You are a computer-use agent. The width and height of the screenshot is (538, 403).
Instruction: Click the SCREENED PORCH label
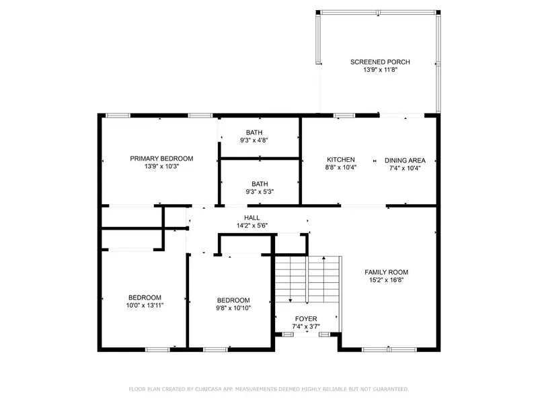(380, 62)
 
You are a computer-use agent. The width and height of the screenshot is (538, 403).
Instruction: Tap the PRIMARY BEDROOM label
(161, 159)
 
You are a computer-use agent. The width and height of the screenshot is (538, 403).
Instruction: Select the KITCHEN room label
(341, 160)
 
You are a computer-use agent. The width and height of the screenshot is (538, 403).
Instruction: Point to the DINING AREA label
(405, 161)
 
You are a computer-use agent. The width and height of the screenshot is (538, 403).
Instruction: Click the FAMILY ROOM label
(386, 272)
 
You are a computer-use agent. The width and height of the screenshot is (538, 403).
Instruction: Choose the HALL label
(252, 218)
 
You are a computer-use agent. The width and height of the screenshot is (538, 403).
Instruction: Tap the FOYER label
(306, 319)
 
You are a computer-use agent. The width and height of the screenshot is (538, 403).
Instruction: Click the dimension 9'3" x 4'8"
(254, 140)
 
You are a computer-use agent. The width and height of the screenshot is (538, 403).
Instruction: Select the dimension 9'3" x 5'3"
(260, 191)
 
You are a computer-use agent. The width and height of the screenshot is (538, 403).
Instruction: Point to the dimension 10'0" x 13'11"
(145, 306)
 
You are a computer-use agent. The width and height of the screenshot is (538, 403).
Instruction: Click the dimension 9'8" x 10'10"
(233, 308)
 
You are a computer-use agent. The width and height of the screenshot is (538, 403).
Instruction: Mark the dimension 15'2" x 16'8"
(386, 280)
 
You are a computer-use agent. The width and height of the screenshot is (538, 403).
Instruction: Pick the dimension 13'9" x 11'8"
(380, 70)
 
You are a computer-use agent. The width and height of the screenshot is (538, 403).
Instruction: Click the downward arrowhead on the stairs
(291, 300)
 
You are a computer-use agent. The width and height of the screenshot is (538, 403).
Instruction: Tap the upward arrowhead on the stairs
(324, 258)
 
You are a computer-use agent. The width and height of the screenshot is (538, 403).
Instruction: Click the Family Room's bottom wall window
(389, 349)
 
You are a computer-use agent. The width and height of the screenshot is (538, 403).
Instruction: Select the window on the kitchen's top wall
(344, 116)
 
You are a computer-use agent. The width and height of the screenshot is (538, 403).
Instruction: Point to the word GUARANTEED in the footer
(392, 389)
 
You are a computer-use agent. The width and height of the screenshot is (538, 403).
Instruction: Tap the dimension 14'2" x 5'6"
(252, 226)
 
